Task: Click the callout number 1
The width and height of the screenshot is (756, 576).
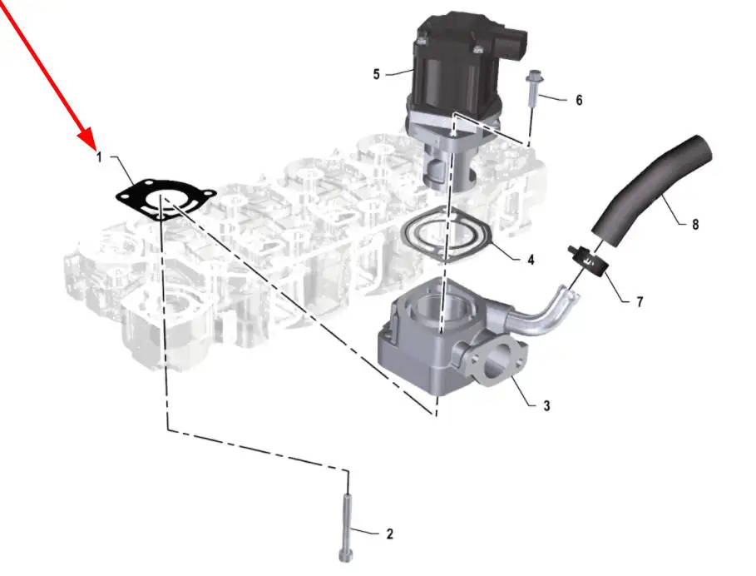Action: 99,156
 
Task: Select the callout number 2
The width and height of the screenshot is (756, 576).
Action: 389,534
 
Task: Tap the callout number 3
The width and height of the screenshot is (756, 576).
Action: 546,405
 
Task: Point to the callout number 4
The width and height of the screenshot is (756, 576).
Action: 531,260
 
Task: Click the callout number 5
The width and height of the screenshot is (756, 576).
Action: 377,74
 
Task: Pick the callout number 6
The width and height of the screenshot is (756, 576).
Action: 579,100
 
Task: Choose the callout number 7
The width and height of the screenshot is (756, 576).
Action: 640,302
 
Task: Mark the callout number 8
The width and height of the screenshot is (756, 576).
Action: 695,224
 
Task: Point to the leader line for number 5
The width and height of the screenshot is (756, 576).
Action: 399,73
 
